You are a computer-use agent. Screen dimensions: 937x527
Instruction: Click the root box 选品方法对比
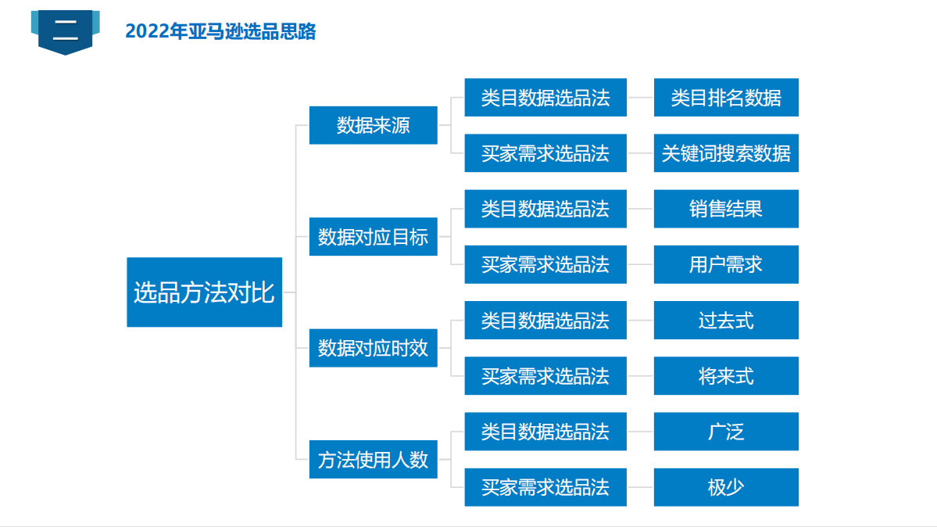205,292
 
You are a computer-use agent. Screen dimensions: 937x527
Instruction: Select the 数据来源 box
373,125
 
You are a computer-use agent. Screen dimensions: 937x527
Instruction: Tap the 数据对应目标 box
373,237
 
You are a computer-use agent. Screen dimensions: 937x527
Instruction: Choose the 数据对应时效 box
373,347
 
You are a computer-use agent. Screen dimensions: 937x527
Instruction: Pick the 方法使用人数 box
373,460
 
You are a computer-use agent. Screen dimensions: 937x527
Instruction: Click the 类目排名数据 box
726,98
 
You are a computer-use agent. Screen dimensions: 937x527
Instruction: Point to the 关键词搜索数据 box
726,153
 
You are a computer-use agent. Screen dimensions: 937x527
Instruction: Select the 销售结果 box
726,209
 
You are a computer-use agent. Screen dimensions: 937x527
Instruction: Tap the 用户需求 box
726,264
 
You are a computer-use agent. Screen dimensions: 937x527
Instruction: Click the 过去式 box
726,320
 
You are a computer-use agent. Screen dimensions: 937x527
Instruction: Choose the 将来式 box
726,375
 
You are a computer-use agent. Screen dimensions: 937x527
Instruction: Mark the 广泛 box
726,432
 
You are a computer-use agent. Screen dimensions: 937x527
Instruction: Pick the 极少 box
726,488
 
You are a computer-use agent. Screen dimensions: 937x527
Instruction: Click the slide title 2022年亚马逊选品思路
220,31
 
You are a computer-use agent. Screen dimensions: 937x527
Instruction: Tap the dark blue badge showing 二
65,32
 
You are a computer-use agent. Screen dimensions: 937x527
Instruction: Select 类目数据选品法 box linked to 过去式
545,320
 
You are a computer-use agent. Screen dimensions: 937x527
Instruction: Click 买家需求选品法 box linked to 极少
545,488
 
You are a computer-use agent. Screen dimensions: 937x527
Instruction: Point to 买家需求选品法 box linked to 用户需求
545,264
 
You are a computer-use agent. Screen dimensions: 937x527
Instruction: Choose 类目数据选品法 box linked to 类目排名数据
545,98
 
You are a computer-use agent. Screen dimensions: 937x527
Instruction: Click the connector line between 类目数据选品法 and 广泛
641,432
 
